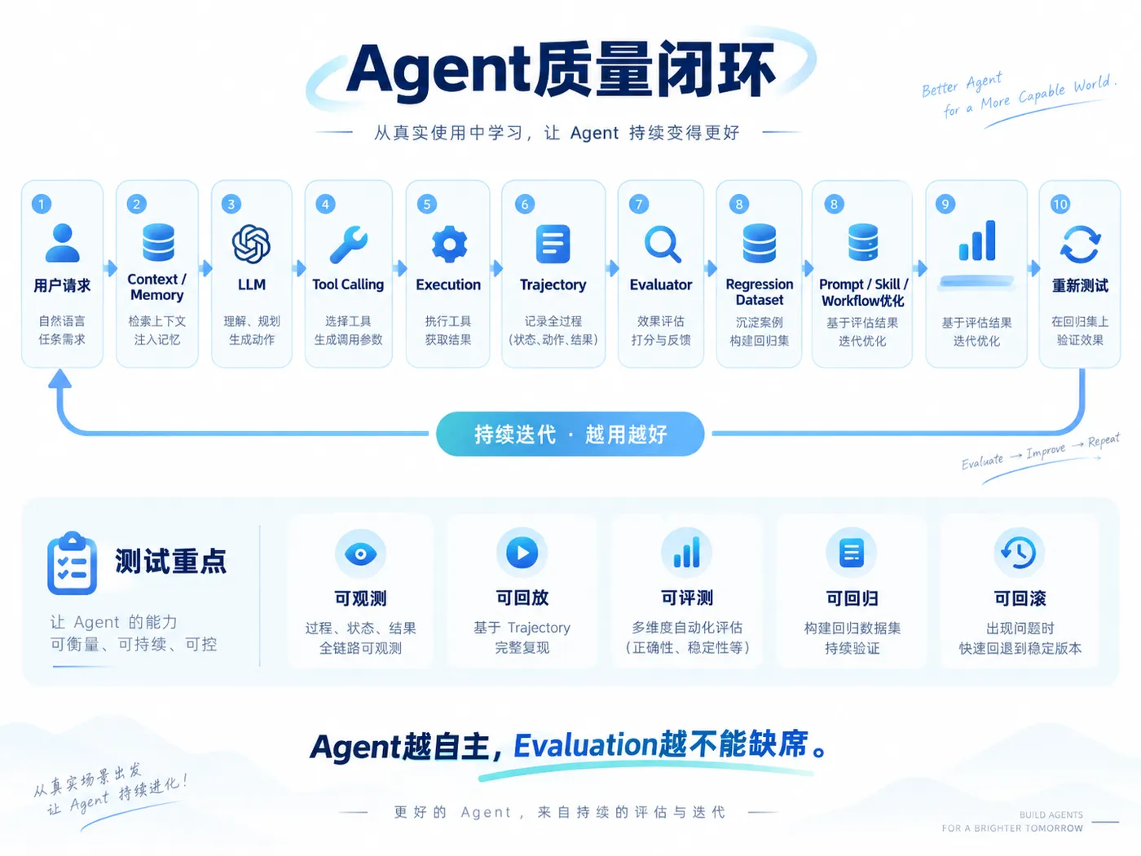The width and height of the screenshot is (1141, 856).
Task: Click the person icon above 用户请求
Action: click(63, 243)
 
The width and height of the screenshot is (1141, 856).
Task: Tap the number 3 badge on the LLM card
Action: click(231, 205)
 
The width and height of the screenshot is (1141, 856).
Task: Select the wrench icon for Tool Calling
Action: click(348, 245)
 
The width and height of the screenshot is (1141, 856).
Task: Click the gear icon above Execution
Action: click(449, 244)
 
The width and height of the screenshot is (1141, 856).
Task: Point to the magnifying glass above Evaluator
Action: click(663, 245)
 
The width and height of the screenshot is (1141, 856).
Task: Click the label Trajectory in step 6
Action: click(553, 285)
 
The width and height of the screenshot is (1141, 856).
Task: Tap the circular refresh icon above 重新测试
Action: click(1080, 245)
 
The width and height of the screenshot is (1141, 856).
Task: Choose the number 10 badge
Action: click(1060, 205)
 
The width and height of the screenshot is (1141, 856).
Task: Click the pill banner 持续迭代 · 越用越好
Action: click(570, 434)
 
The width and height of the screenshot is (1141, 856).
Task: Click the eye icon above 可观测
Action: click(360, 554)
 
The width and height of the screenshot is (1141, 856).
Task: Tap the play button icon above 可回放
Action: click(522, 553)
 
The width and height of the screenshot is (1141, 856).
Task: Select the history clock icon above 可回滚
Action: click(1019, 553)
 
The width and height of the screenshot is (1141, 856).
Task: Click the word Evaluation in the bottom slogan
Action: click(586, 745)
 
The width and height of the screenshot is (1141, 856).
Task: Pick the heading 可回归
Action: click(852, 598)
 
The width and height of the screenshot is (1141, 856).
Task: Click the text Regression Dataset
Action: click(760, 292)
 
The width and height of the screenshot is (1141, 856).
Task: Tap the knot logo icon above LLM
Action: click(251, 244)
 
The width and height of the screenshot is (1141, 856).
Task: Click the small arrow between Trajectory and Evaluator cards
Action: click(612, 268)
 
